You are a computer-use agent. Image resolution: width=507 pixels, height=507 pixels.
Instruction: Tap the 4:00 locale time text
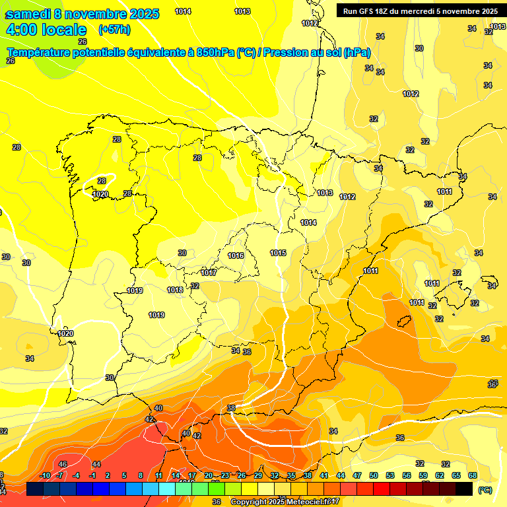(x=46, y=30)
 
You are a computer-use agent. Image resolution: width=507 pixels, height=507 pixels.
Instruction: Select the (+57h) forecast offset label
(x=114, y=30)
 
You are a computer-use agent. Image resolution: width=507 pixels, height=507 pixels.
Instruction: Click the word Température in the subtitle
(x=38, y=53)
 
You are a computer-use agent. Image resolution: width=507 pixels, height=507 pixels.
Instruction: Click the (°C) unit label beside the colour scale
(x=485, y=490)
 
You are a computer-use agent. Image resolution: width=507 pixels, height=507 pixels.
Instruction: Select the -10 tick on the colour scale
(x=45, y=475)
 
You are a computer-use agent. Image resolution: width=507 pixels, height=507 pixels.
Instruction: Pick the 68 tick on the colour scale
(x=472, y=475)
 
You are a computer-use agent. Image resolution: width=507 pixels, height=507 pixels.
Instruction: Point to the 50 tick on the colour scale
(x=374, y=475)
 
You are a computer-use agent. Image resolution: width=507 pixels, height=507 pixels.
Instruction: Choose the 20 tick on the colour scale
(x=209, y=475)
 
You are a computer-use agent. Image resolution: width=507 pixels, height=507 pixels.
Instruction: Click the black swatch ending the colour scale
(x=464, y=488)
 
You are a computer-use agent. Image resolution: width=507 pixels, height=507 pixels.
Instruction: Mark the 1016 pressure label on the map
(x=236, y=255)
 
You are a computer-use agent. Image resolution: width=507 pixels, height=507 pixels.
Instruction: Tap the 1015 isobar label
(x=278, y=253)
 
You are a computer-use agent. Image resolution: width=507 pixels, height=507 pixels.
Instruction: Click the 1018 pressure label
(x=175, y=290)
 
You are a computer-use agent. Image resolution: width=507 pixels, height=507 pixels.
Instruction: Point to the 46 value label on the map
(x=63, y=465)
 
